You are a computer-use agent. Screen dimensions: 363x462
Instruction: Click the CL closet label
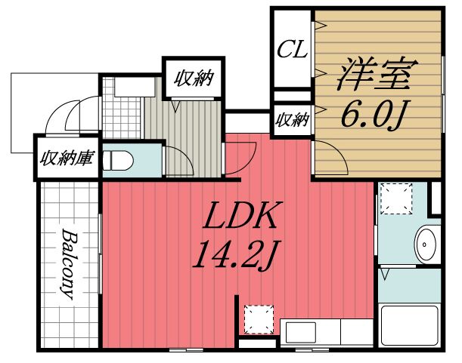290,51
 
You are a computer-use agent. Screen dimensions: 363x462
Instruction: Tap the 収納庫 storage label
67,159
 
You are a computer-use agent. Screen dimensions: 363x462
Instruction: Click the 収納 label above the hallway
194,77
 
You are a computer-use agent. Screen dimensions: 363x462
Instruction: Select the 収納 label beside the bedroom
292,119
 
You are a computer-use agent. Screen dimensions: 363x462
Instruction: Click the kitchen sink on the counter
301,331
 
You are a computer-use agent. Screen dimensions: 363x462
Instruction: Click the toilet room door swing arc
175,158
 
